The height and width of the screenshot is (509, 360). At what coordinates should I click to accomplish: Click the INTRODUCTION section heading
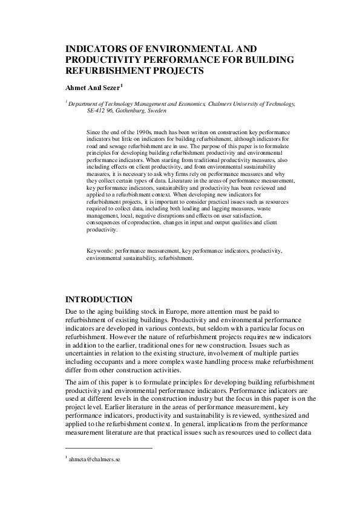[99, 299]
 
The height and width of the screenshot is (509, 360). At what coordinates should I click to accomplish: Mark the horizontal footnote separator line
[108, 448]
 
